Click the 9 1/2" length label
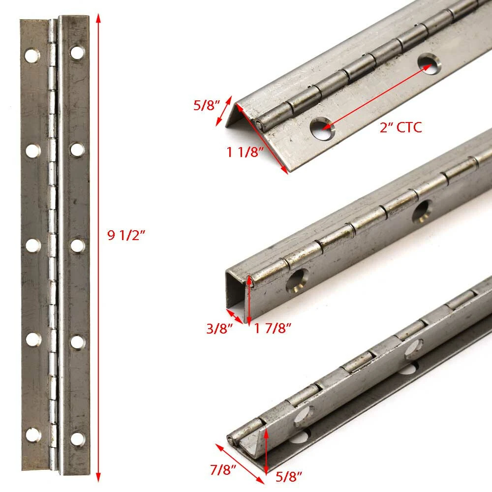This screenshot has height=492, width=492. tap(126, 235)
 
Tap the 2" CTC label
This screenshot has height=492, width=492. tap(400, 127)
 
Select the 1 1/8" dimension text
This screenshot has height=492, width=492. tap(245, 152)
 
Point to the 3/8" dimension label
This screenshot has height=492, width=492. tap(219, 329)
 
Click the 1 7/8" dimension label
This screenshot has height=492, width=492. tap(273, 328)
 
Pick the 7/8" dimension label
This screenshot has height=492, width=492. tap(223, 470)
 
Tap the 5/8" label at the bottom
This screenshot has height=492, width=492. tap(289, 477)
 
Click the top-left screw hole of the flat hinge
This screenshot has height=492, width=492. tap(32, 56)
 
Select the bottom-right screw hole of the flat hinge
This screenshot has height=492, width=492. tap(77, 439)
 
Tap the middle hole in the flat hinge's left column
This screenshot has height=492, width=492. tap(33, 246)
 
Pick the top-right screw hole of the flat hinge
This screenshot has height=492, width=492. tap(77, 53)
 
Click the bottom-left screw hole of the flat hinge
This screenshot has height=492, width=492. tap(33, 434)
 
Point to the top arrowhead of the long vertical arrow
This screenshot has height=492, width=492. tap(98, 18)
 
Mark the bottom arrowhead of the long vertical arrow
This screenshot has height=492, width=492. tap(98, 477)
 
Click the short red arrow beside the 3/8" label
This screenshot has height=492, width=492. tap(234, 316)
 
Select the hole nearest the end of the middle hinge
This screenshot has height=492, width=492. tap(296, 280)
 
